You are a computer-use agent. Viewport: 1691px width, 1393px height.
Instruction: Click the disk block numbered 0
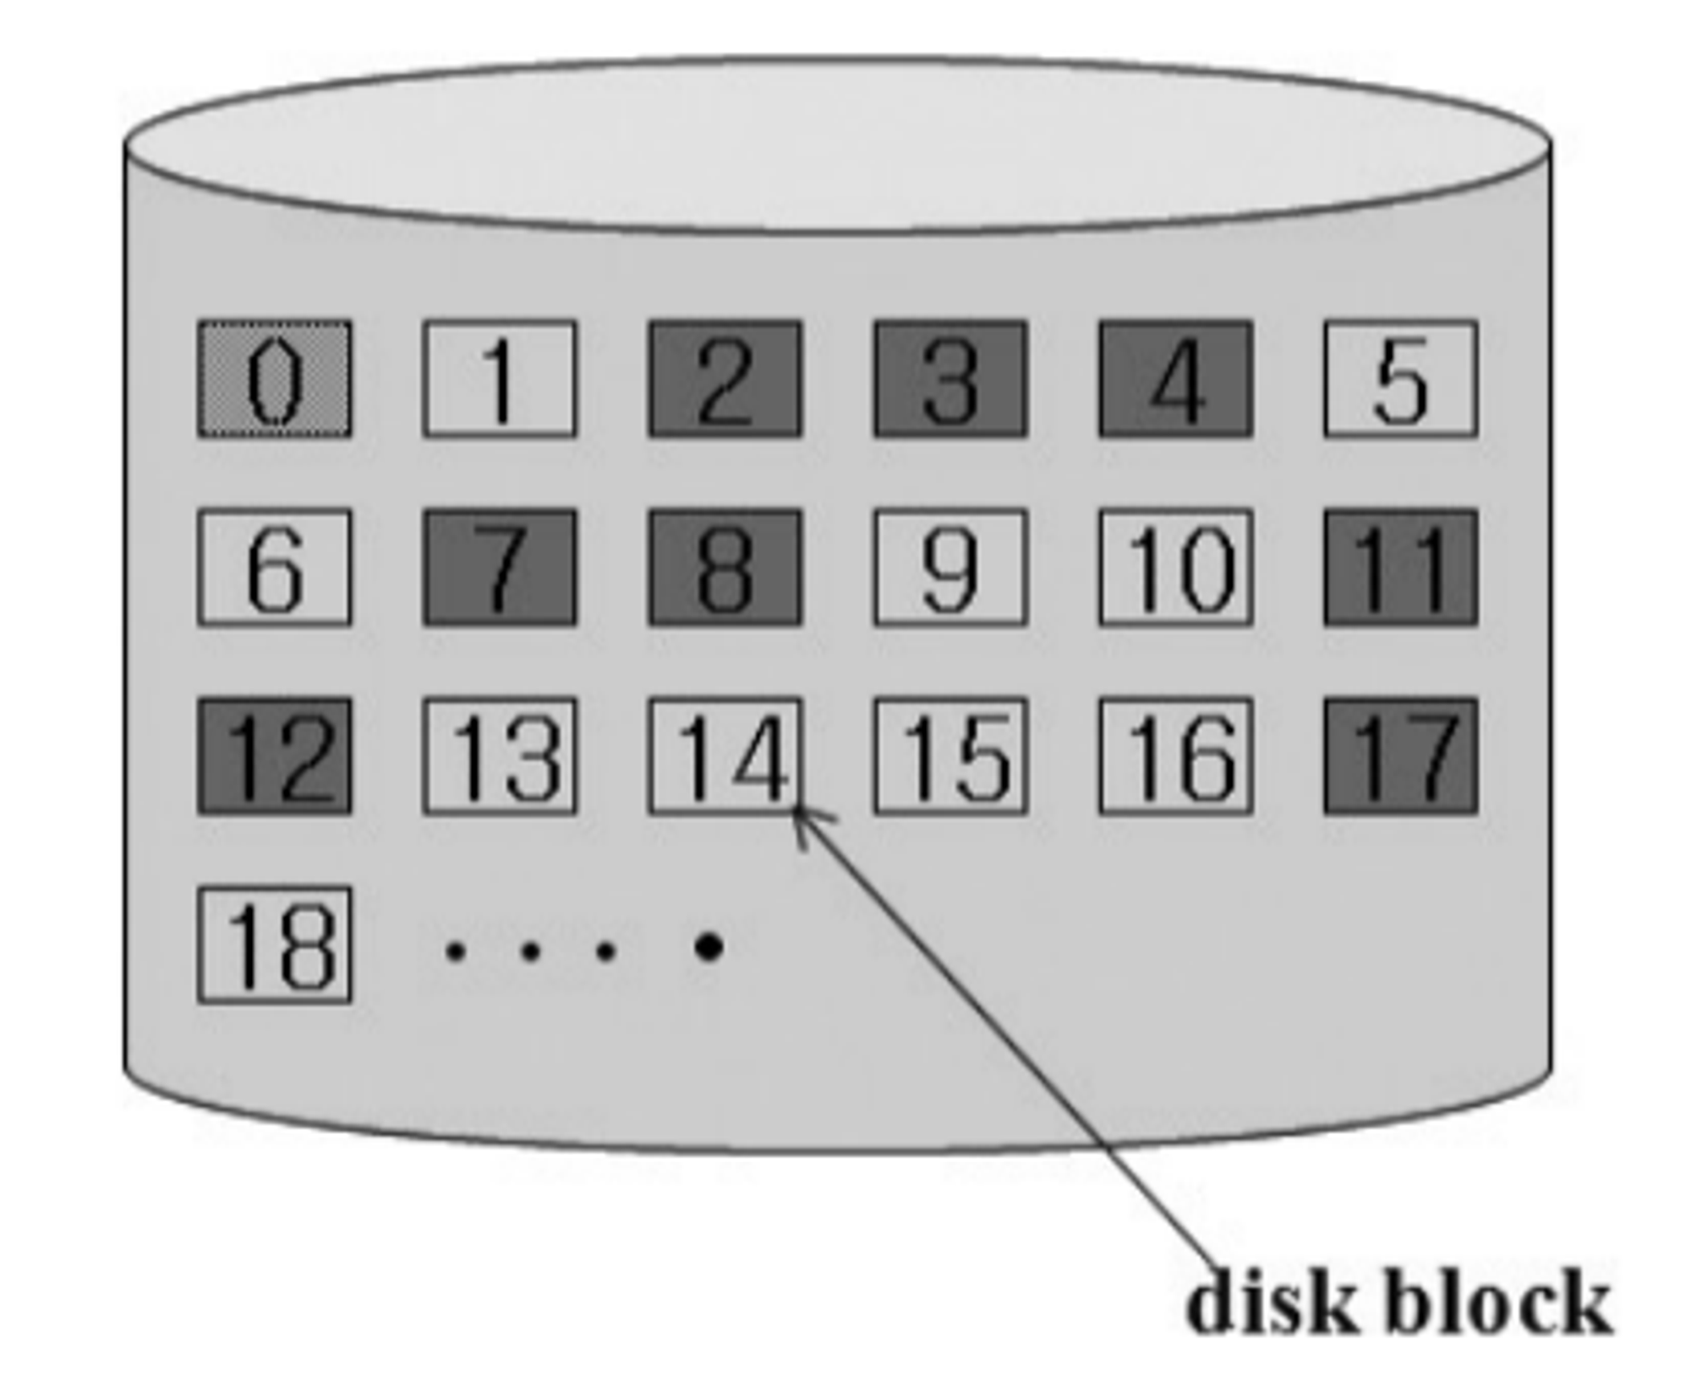pyautogui.click(x=275, y=379)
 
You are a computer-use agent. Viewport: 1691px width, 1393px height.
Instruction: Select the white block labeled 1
pyautogui.click(x=500, y=379)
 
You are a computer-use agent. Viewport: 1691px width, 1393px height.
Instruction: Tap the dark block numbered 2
pyautogui.click(x=725, y=379)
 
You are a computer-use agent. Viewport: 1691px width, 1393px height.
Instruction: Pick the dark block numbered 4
pyautogui.click(x=1176, y=379)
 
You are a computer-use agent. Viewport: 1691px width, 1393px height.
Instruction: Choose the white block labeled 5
pyautogui.click(x=1401, y=379)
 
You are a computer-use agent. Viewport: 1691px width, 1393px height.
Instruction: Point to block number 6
pyautogui.click(x=275, y=568)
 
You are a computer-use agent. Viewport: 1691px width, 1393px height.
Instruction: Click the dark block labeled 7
pyautogui.click(x=500, y=568)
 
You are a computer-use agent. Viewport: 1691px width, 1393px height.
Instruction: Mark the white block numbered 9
pyautogui.click(x=950, y=568)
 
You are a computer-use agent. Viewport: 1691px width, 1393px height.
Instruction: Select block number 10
pyautogui.click(x=1176, y=568)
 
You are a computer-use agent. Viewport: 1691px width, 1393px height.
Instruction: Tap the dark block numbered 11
pyautogui.click(x=1401, y=568)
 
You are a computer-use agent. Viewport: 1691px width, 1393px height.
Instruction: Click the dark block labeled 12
pyautogui.click(x=275, y=756)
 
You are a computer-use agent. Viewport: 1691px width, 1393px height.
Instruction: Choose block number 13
pyautogui.click(x=500, y=756)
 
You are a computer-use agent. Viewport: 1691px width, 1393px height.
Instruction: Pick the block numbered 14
pyautogui.click(x=725, y=756)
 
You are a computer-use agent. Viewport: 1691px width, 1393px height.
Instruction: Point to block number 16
pyautogui.click(x=1176, y=756)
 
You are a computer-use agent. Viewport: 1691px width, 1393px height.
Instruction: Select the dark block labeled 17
pyautogui.click(x=1401, y=756)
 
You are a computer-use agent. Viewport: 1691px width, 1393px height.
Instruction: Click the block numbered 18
pyautogui.click(x=275, y=945)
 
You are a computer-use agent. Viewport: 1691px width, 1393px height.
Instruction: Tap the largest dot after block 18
pyautogui.click(x=709, y=947)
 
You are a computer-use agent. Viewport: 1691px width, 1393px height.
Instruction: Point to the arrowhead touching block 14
pyautogui.click(x=801, y=816)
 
